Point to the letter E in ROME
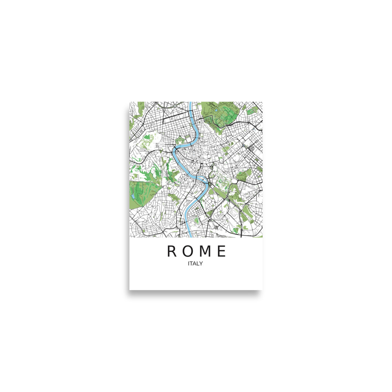(x=222, y=251)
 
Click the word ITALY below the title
(x=195, y=264)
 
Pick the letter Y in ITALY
(x=201, y=264)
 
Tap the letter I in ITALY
(x=189, y=264)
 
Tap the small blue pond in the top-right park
(x=216, y=111)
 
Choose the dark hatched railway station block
(x=250, y=148)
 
